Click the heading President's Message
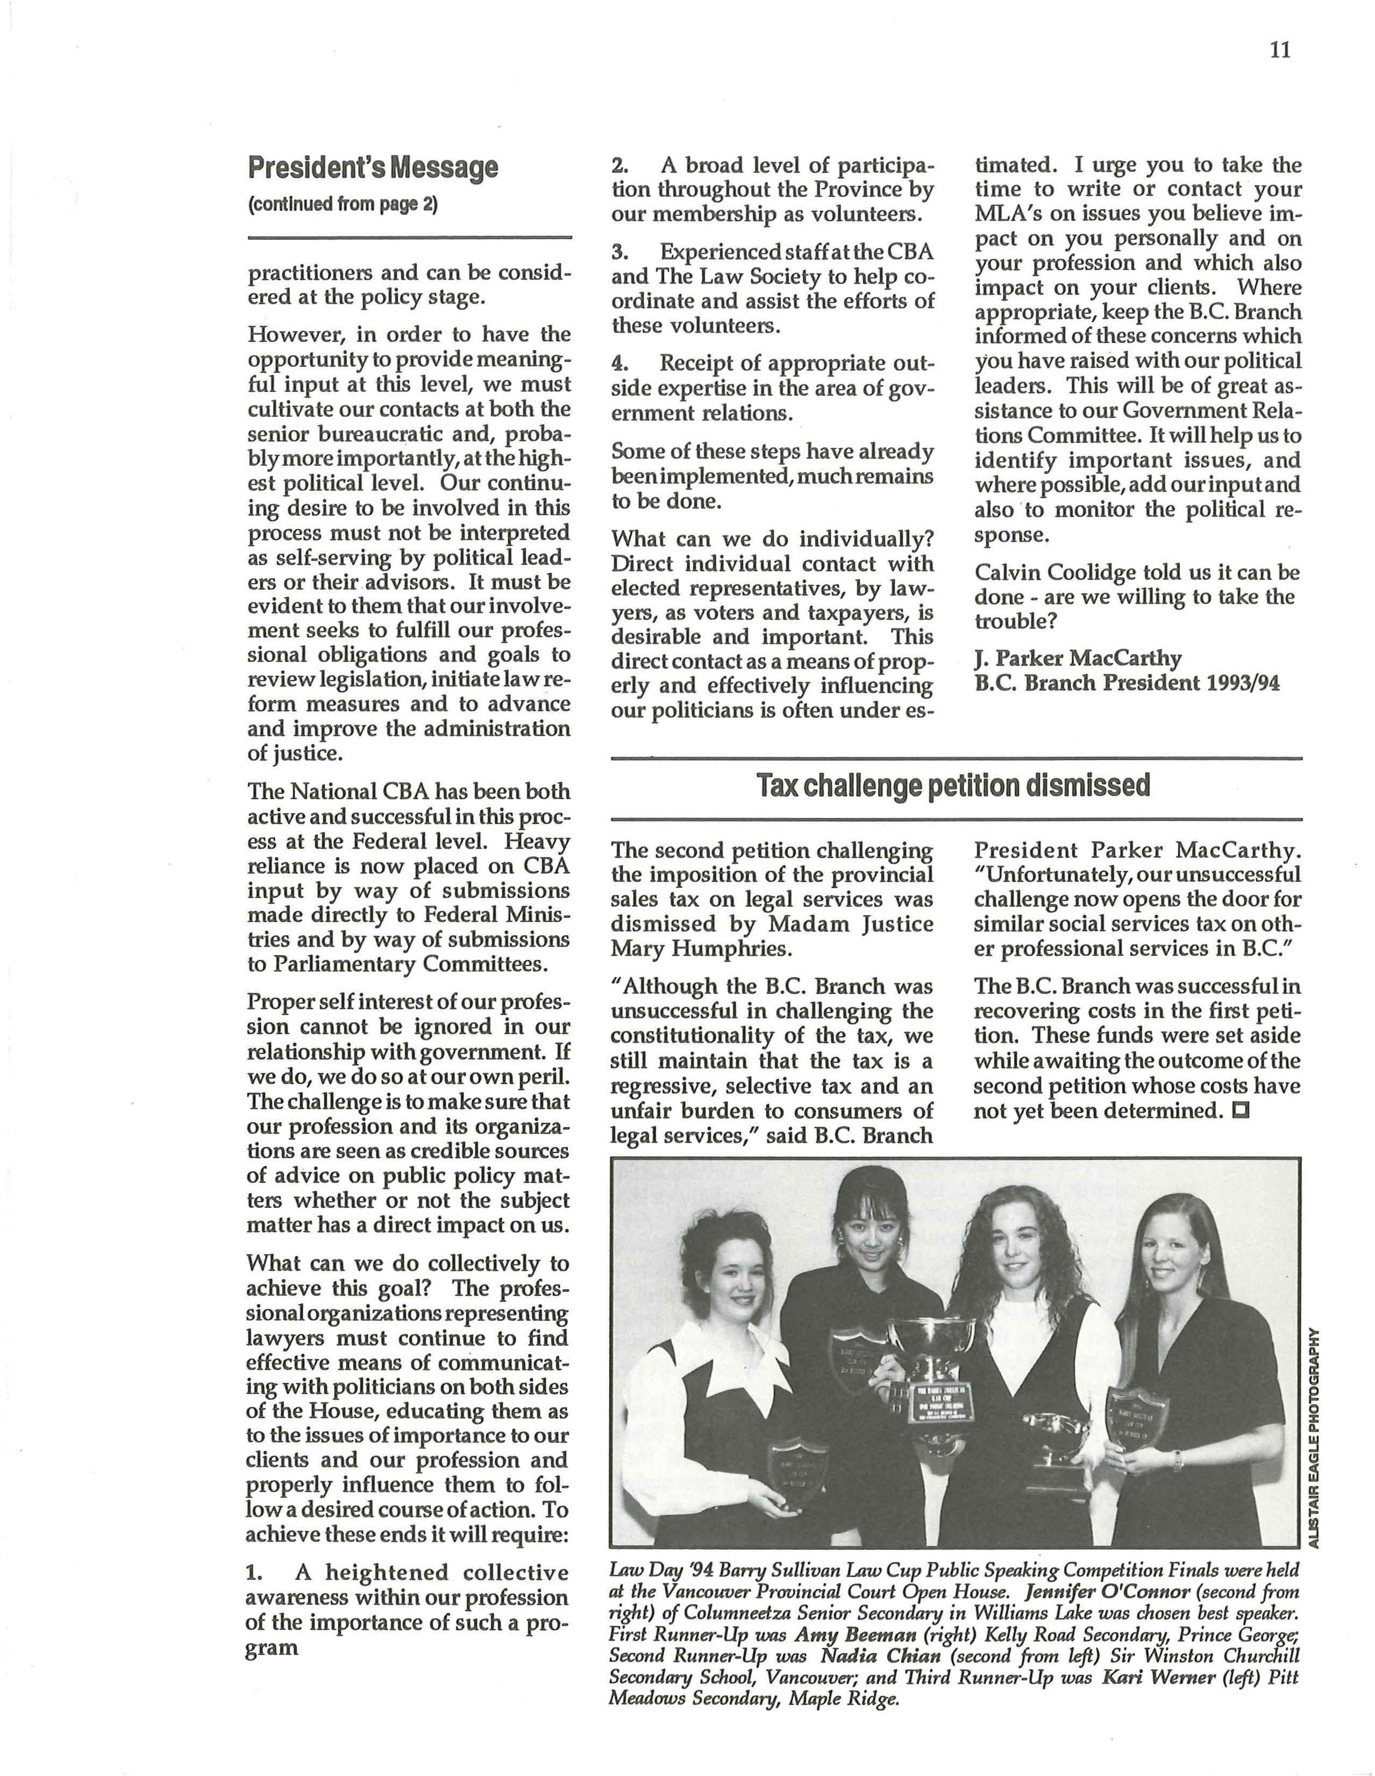(373, 168)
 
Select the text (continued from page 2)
(343, 204)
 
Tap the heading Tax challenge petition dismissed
(953, 785)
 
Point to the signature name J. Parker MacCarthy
(1078, 658)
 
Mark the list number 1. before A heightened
(254, 1573)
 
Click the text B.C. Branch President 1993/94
(1127, 683)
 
